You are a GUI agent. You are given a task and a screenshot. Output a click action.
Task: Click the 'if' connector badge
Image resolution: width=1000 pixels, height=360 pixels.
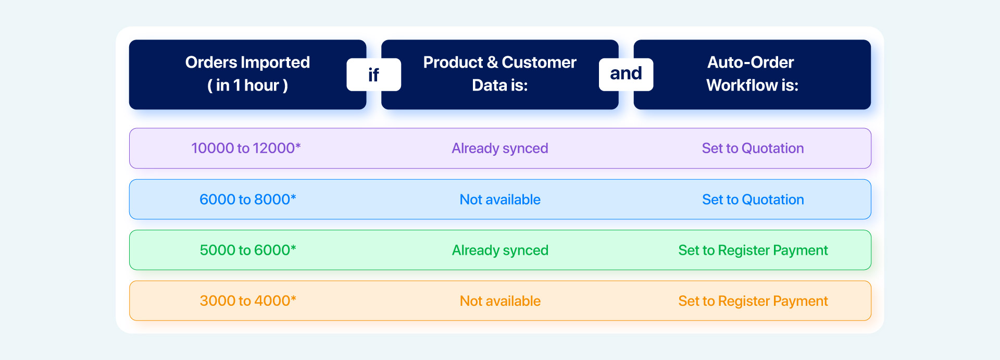point(374,75)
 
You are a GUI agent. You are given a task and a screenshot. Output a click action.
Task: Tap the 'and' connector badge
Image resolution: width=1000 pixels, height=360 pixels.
point(626,75)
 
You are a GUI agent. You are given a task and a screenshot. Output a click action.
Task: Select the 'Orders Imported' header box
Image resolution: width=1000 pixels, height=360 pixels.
point(247,75)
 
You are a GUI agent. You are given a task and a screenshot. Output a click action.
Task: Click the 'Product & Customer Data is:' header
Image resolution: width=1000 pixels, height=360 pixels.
point(500,75)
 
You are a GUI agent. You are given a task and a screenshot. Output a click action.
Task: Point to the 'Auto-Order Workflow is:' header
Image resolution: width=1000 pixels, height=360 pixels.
point(752,75)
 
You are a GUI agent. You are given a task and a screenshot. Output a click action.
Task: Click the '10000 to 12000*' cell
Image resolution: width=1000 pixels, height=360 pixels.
point(246,148)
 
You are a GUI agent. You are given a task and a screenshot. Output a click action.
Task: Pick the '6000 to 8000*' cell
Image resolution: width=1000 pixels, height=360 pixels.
point(248,199)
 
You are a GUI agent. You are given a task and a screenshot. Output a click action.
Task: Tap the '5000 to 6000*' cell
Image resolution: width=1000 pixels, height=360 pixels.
point(248,250)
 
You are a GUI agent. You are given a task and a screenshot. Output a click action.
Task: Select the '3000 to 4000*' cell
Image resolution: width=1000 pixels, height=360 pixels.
point(248,301)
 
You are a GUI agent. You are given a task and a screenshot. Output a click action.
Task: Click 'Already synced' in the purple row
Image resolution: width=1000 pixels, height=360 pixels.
point(500,148)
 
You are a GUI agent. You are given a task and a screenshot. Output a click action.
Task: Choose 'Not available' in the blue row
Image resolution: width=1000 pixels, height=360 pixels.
point(500,200)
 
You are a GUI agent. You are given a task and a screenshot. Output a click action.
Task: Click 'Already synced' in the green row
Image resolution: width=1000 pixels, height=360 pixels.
point(500,251)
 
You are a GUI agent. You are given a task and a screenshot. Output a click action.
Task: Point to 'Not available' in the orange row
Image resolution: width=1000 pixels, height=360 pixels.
point(500,301)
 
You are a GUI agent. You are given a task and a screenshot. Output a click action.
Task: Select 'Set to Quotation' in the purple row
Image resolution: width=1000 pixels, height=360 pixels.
point(753,148)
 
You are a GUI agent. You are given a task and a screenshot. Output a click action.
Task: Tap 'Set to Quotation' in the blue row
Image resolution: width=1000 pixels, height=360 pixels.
point(753,200)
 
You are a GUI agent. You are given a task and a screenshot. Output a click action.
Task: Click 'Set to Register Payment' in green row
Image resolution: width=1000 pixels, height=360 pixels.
point(753,251)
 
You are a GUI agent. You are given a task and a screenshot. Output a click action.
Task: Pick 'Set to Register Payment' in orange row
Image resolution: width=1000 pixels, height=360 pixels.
point(753,301)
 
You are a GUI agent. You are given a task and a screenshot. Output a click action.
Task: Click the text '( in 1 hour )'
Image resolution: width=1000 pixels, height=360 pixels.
point(247,85)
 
